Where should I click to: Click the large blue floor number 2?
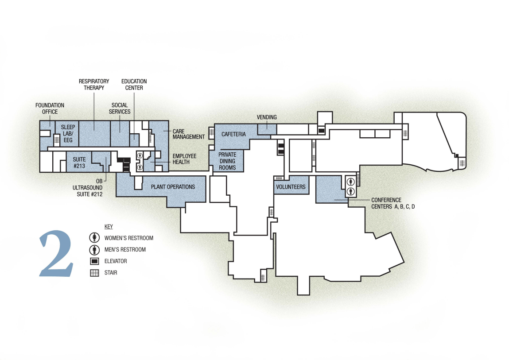click(x=56, y=254)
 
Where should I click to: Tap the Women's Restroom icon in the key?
click(x=94, y=238)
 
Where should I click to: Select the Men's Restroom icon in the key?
click(x=94, y=249)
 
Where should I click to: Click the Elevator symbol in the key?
click(x=94, y=261)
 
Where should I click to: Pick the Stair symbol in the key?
click(x=94, y=273)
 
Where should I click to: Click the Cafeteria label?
click(x=233, y=134)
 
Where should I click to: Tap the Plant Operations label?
click(x=173, y=187)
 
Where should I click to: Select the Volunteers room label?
click(x=291, y=187)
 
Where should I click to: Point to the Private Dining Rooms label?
click(x=227, y=161)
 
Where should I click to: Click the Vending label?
click(x=267, y=117)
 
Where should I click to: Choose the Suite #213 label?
click(x=79, y=161)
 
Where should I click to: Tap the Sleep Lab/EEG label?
click(x=68, y=134)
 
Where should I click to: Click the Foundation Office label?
click(x=50, y=108)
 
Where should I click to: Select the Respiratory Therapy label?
click(x=94, y=85)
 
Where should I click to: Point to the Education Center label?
click(x=134, y=85)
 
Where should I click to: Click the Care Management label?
click(x=184, y=134)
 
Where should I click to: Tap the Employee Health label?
click(x=184, y=159)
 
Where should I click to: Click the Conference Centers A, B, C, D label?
click(x=392, y=203)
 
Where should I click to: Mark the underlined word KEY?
click(x=109, y=227)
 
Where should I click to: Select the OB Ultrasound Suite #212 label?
click(x=88, y=187)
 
